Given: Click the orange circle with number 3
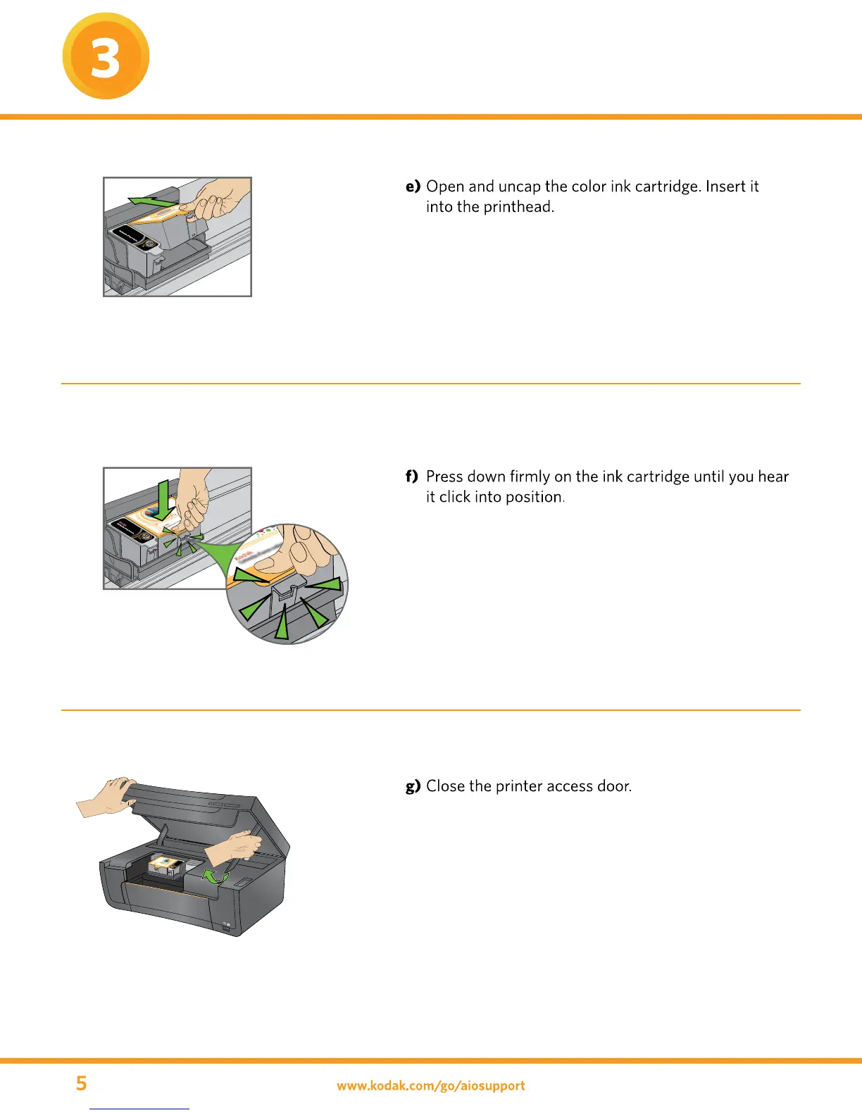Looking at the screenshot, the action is pyautogui.click(x=106, y=56).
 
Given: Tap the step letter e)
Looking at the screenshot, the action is pyautogui.click(x=413, y=187).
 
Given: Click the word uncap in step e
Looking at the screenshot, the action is pyautogui.click(x=519, y=187).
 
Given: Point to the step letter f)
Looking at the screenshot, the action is pyautogui.click(x=412, y=477).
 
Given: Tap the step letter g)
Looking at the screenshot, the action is pyautogui.click(x=413, y=786).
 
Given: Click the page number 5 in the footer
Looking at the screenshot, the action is pyautogui.click(x=82, y=1083).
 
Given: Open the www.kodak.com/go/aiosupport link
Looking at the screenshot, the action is pyautogui.click(x=430, y=1085).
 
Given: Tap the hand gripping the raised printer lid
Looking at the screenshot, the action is pyautogui.click(x=106, y=797).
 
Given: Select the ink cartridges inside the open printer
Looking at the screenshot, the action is pyautogui.click(x=166, y=867).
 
